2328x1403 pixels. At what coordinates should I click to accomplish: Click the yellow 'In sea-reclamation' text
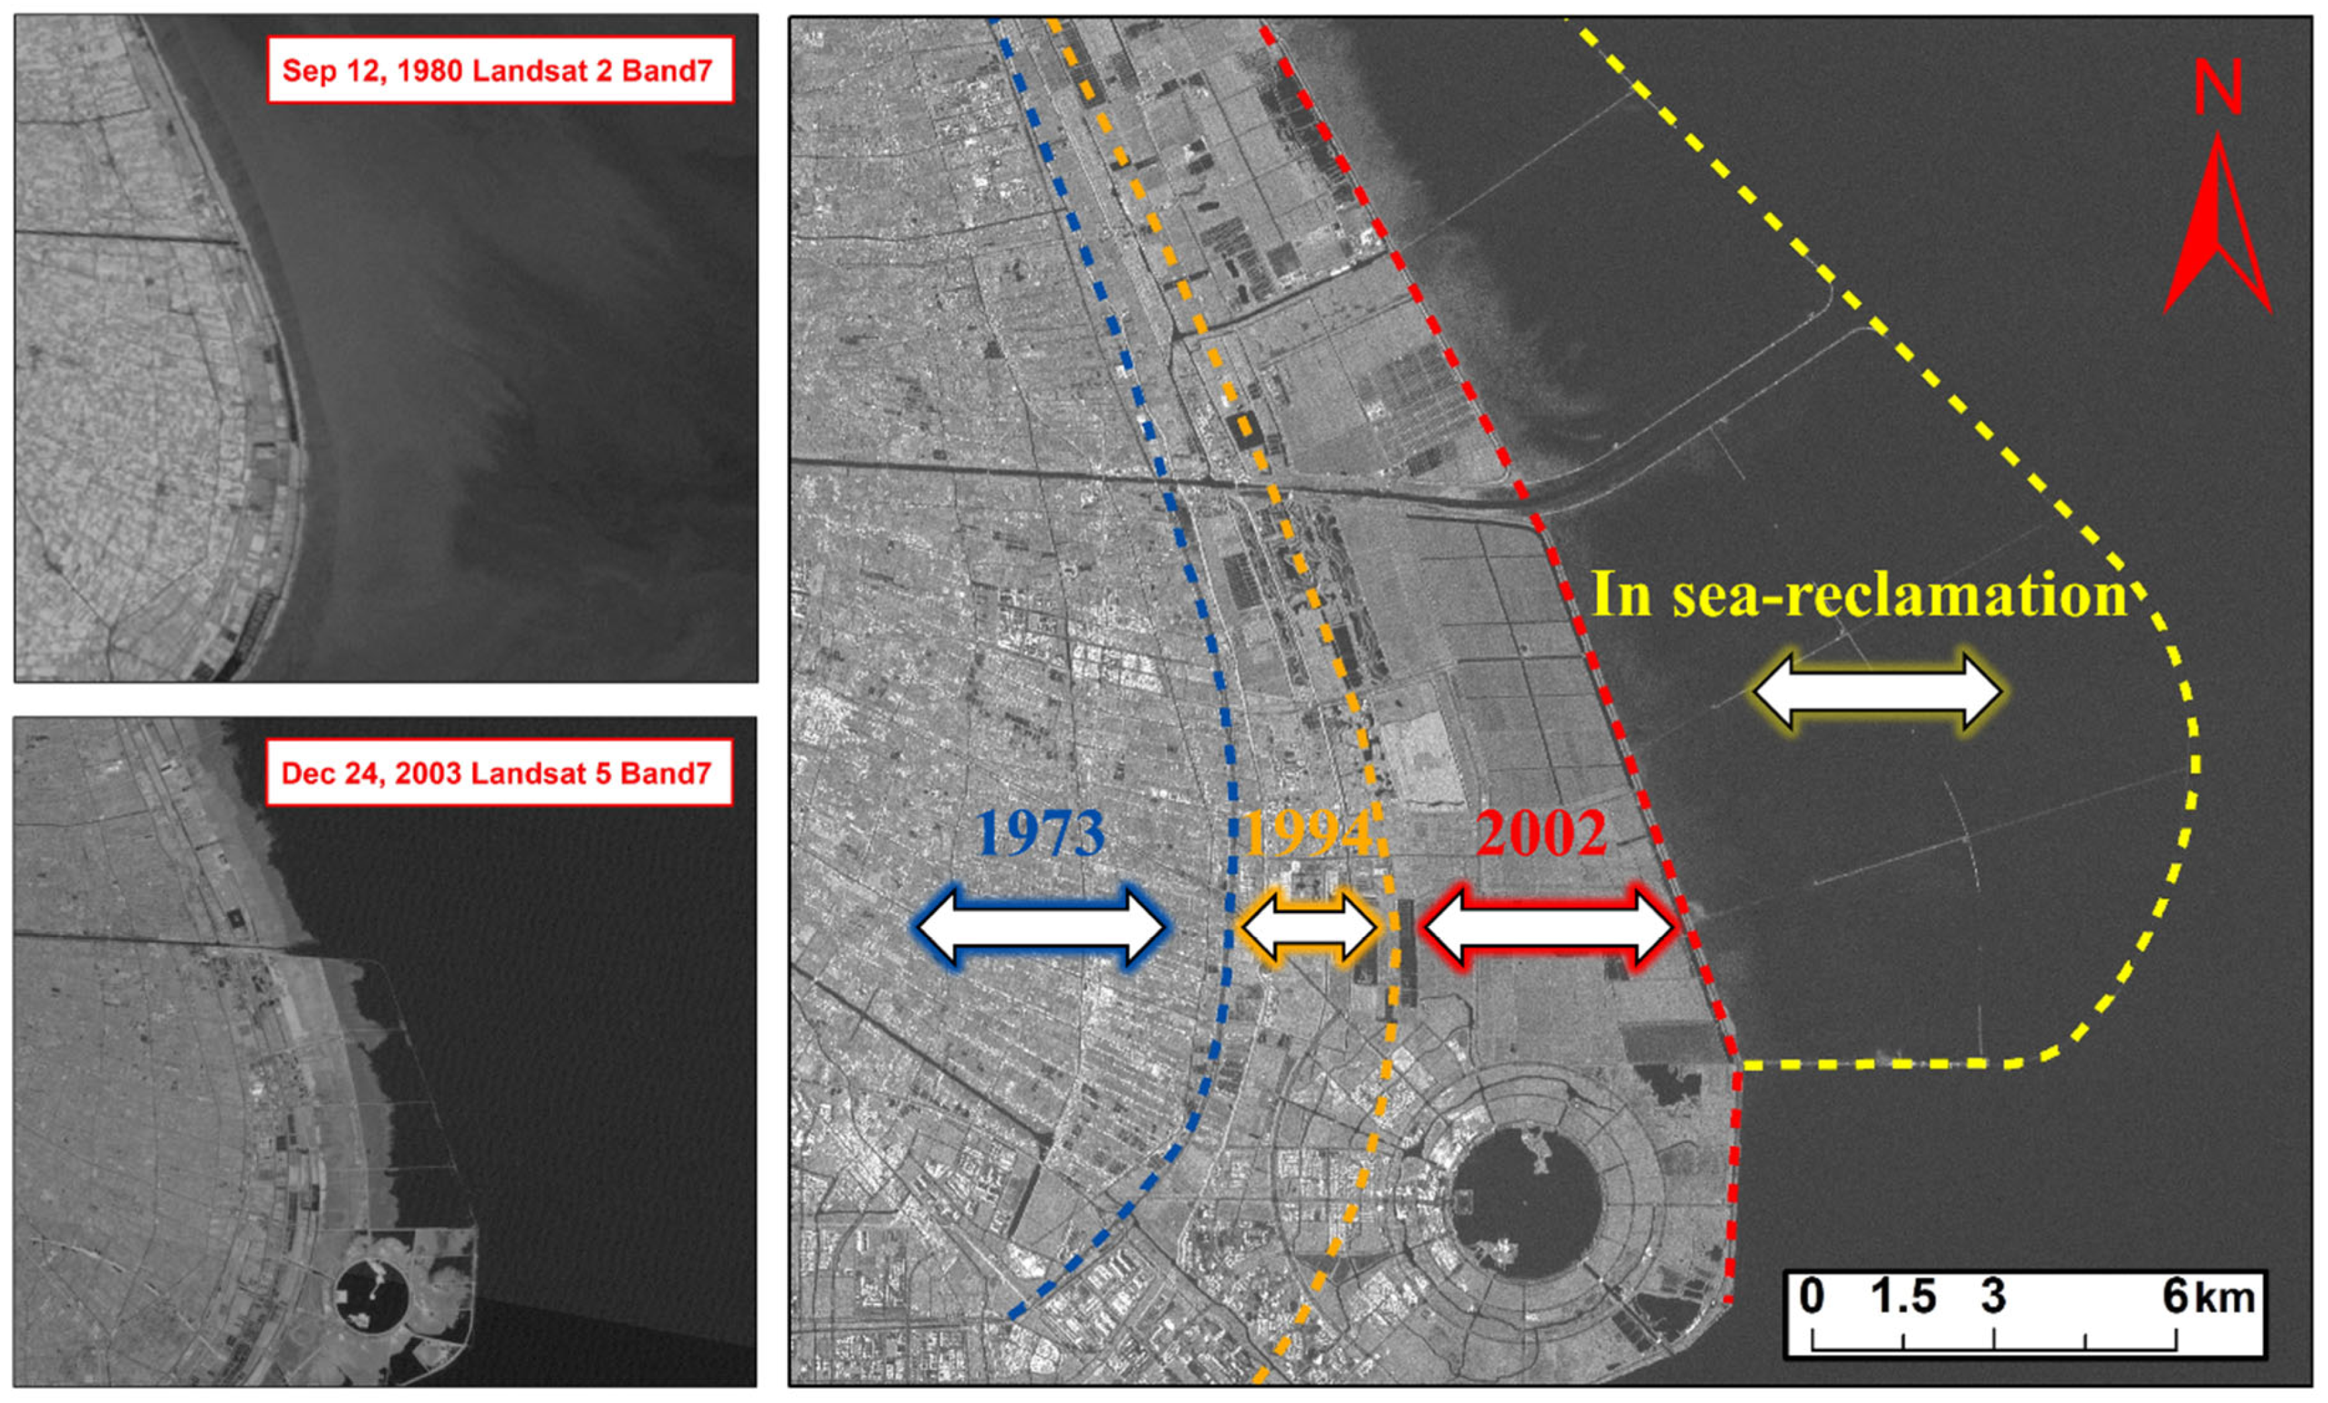pos(1859,595)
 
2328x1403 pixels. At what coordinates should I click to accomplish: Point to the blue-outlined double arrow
pos(1041,927)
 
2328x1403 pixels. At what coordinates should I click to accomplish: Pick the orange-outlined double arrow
pos(1309,927)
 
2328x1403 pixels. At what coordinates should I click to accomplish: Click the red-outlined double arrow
pos(1548,927)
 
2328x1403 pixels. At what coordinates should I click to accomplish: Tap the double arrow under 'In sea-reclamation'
pos(1877,691)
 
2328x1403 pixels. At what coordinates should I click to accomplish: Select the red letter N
pos(2217,89)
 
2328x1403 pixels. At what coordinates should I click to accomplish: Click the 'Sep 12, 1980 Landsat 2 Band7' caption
pos(500,70)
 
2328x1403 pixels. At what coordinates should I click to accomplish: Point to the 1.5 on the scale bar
pos(1903,1296)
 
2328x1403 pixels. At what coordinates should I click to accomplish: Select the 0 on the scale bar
pos(1811,1296)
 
